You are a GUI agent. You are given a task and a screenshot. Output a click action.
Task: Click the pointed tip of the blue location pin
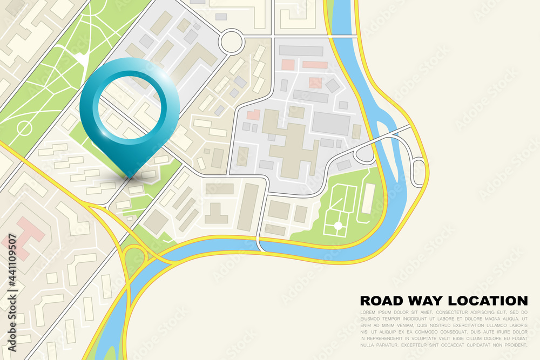click(x=130, y=176)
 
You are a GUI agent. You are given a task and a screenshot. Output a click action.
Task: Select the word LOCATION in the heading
click(x=489, y=301)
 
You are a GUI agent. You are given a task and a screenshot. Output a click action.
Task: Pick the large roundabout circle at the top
click(x=231, y=41)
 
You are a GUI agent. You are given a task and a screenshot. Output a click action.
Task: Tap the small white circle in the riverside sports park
click(x=339, y=225)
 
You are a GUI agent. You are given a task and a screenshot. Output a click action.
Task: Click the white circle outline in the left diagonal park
click(x=24, y=128)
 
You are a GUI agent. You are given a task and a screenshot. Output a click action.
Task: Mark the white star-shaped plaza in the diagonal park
click(x=81, y=58)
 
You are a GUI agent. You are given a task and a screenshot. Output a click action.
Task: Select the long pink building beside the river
click(x=315, y=65)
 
